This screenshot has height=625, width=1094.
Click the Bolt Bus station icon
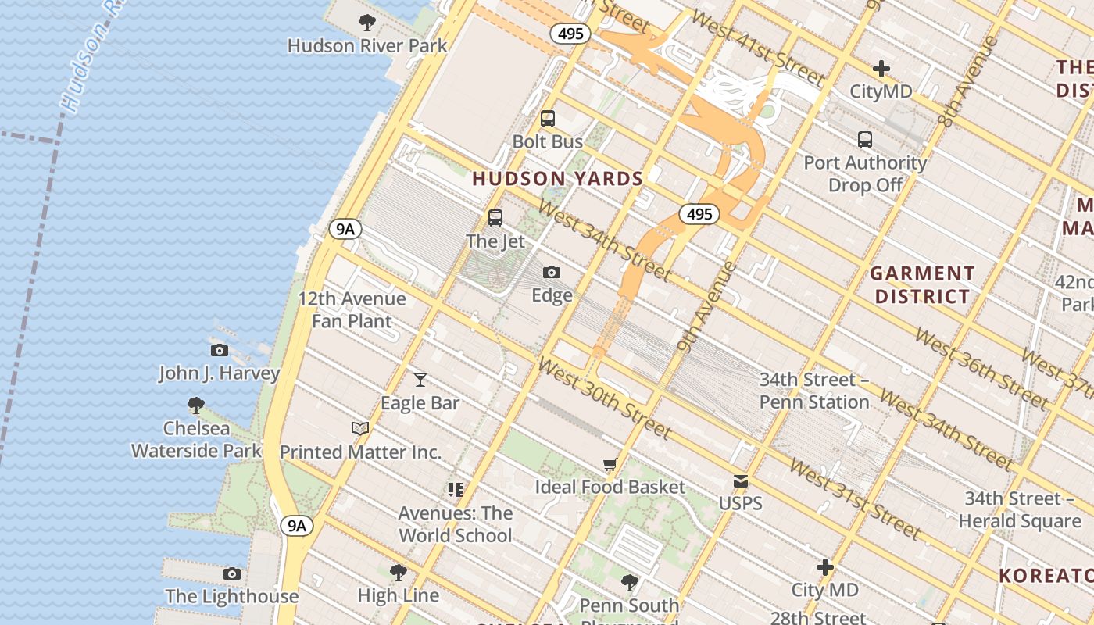pos(548,119)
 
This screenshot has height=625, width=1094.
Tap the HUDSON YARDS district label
pos(557,179)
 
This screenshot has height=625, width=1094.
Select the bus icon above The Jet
pos(495,218)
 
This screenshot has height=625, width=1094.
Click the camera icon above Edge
pos(552,272)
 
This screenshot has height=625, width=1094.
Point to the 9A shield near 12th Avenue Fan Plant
pos(345,229)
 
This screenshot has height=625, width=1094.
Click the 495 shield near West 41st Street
pos(570,34)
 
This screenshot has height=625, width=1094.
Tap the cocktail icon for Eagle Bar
pos(420,380)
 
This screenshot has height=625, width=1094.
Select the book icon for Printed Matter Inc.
pos(360,428)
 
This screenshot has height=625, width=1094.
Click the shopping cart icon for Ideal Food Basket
pos(610,464)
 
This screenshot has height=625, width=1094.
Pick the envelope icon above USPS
pos(740,480)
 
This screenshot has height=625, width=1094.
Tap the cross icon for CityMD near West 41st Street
pos(881,69)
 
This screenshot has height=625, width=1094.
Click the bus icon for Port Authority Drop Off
pos(865,140)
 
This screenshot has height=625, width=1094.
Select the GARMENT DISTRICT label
pos(922,285)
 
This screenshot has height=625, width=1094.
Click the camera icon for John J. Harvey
pos(220,350)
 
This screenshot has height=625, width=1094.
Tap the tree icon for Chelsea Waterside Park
pos(196,405)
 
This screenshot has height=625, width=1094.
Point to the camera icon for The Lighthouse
pos(232,573)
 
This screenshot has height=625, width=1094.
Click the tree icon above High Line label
pos(399,572)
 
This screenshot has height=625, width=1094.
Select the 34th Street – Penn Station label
pos(814,391)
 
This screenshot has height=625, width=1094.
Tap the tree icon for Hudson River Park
pos(367,23)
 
